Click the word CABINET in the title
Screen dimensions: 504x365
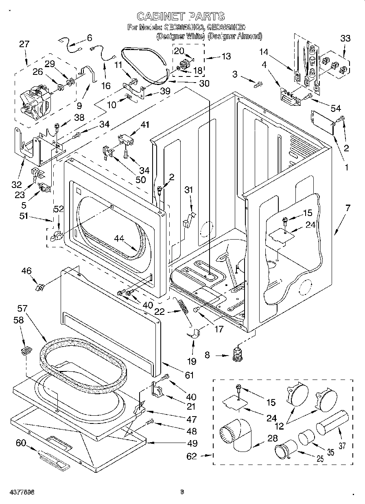pyautogui.click(x=157, y=16)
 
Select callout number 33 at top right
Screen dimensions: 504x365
pyautogui.click(x=345, y=39)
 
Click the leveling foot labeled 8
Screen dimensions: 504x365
pyautogui.click(x=237, y=355)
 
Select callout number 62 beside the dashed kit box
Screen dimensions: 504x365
pyautogui.click(x=192, y=456)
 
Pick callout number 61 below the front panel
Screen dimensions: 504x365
pyautogui.click(x=189, y=375)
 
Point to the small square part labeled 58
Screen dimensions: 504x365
pyautogui.click(x=27, y=349)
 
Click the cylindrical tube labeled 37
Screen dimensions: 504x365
pyautogui.click(x=332, y=423)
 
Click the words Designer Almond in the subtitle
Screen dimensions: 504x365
pyautogui.click(x=235, y=36)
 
